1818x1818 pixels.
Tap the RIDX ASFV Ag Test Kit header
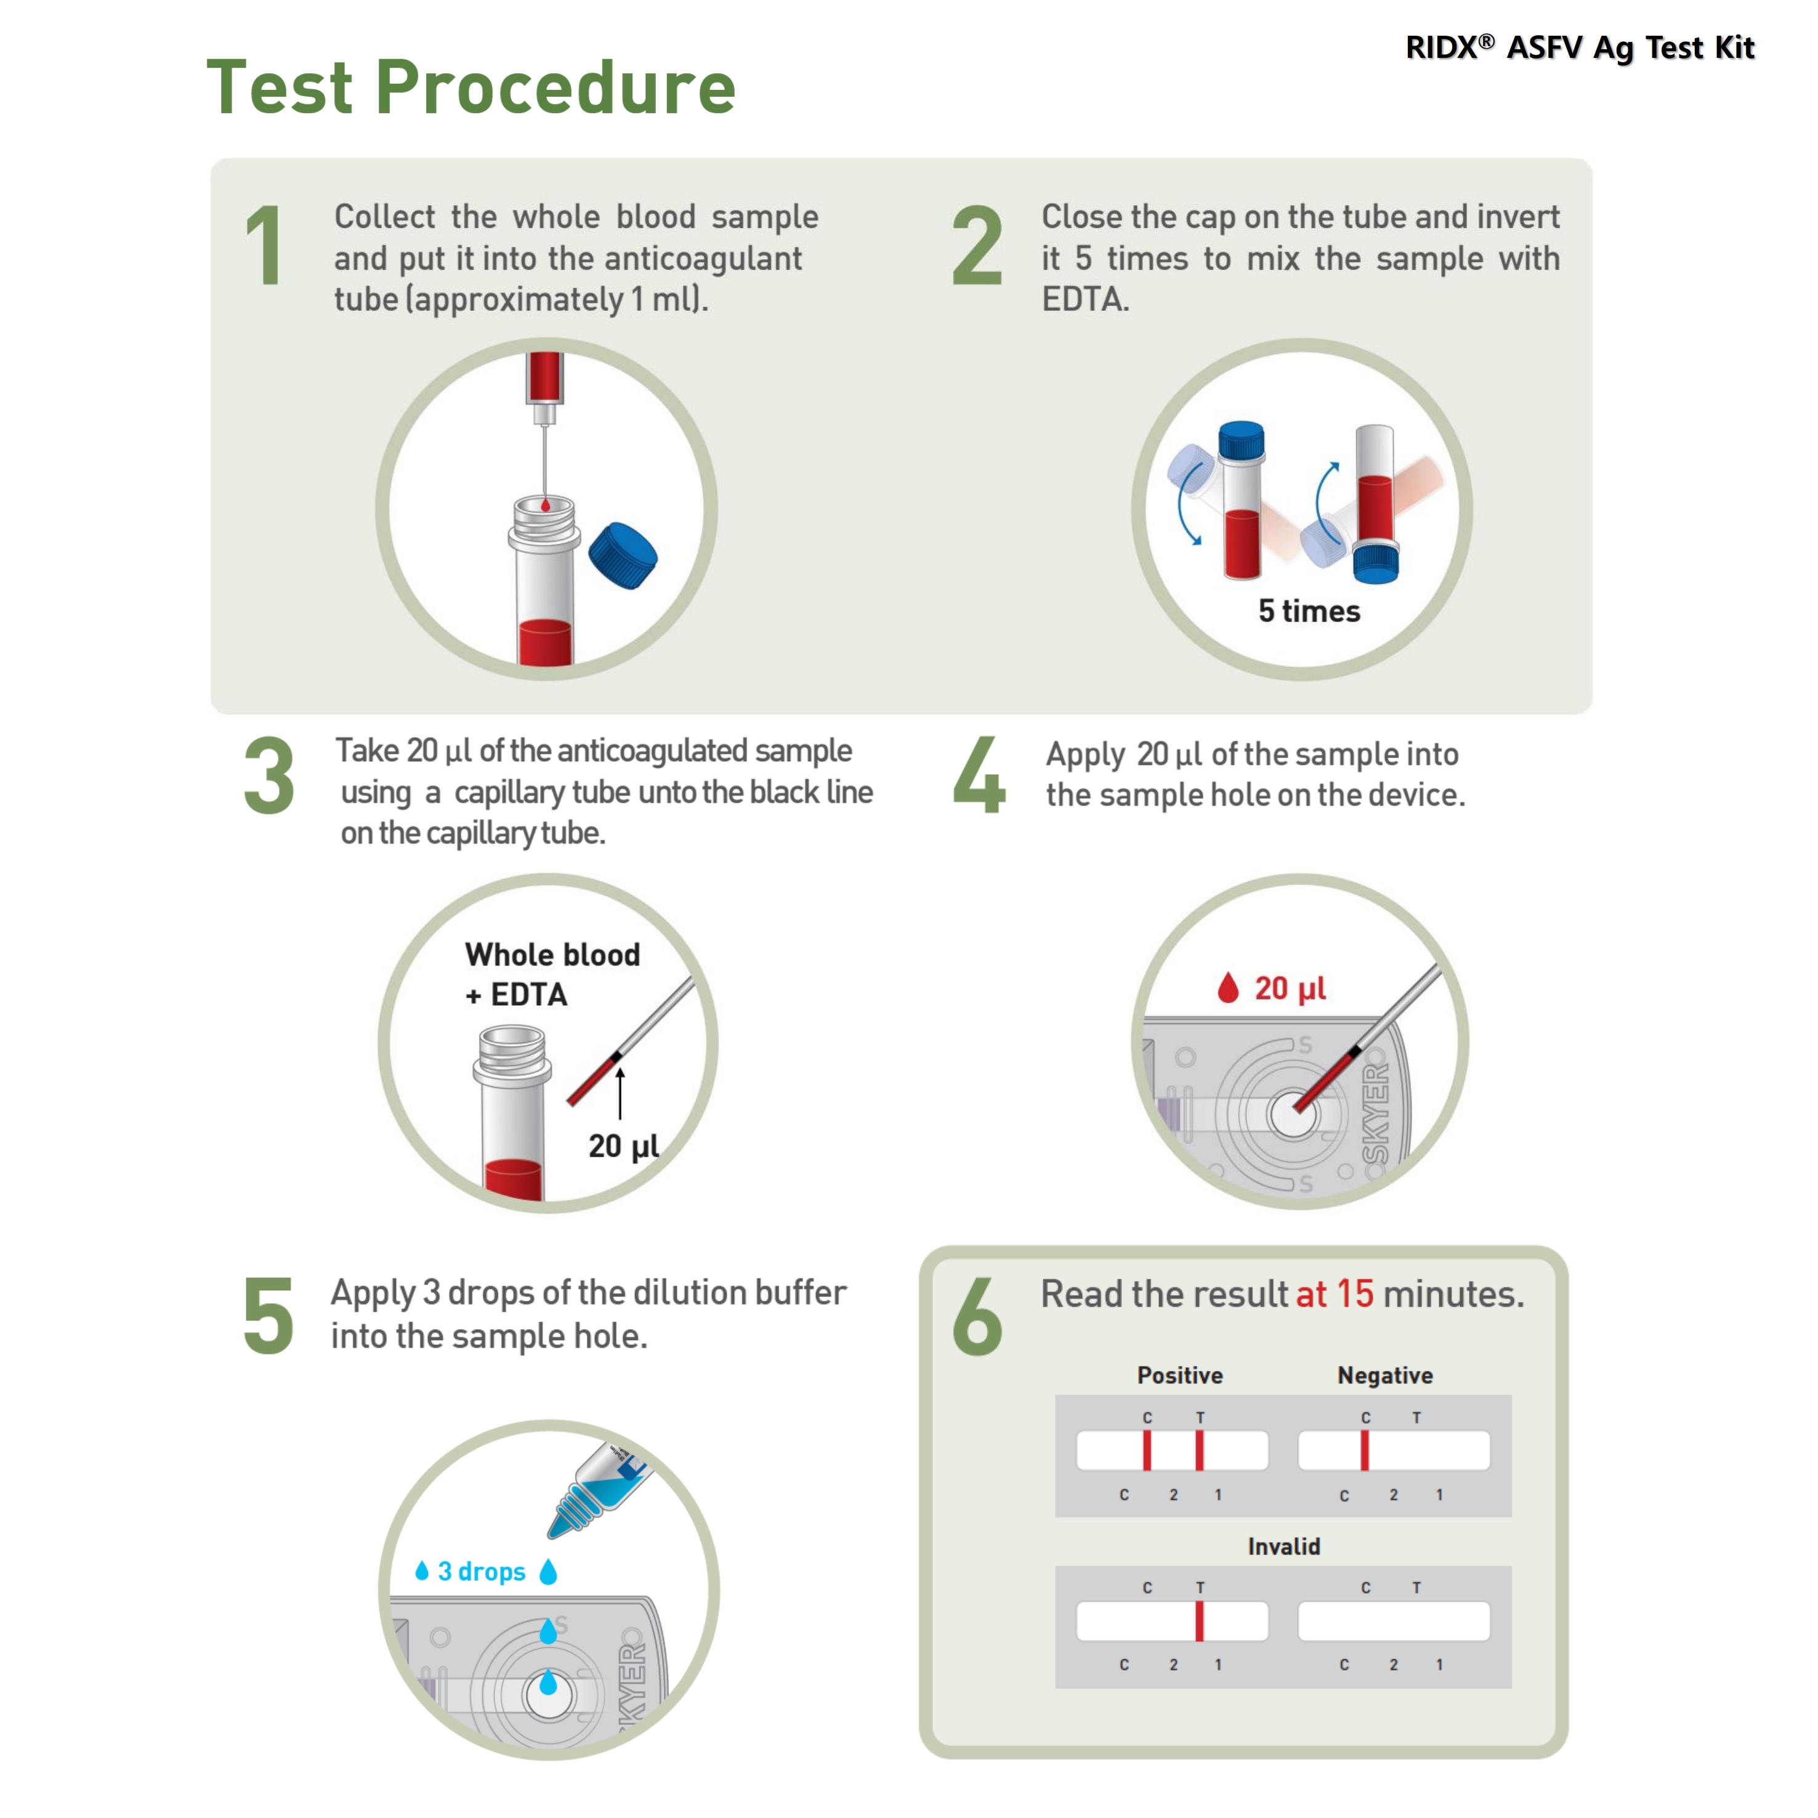click(1579, 47)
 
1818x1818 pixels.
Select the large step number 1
click(264, 246)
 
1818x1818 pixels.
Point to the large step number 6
click(977, 1317)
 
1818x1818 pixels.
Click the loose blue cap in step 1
click(623, 555)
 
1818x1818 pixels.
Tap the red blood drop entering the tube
click(545, 506)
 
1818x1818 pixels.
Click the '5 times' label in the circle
click(1309, 612)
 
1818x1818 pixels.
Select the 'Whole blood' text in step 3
click(552, 955)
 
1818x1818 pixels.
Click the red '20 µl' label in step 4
click(1289, 989)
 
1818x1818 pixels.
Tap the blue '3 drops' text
click(481, 1572)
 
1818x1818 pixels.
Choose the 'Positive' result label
click(1179, 1376)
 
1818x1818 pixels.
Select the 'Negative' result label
click(1384, 1376)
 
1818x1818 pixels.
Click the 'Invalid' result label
click(1283, 1547)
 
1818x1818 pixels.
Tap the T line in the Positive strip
click(1200, 1451)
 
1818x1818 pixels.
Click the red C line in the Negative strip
click(1365, 1451)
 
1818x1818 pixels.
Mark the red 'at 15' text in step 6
click(1335, 1295)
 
